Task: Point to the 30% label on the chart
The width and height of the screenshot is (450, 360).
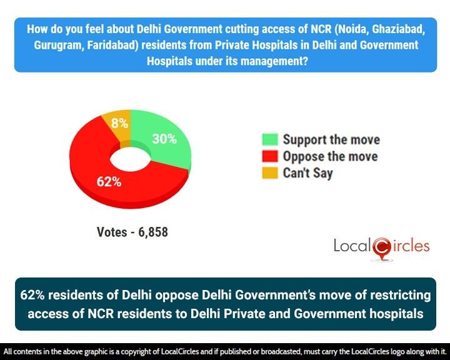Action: point(164,139)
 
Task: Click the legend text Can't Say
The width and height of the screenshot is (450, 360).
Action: point(307,172)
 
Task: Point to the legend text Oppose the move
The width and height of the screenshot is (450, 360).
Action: point(330,156)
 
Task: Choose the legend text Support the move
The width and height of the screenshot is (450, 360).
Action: point(331,139)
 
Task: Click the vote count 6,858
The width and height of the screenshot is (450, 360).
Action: point(150,232)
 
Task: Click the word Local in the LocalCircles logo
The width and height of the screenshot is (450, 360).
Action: point(351,246)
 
